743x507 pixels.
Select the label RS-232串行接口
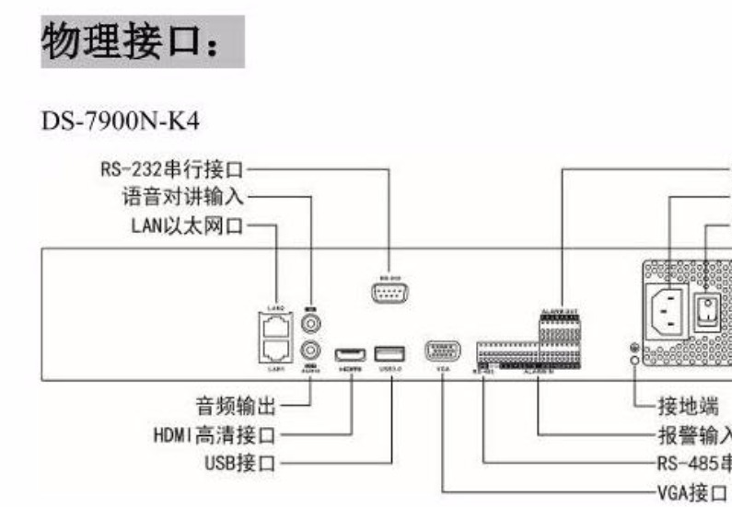(173, 169)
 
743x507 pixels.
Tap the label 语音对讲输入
(185, 196)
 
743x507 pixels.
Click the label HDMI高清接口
(215, 433)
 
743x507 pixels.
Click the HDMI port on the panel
(350, 354)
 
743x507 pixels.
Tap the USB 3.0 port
(389, 353)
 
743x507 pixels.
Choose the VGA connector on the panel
(443, 351)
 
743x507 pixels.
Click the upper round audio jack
(311, 325)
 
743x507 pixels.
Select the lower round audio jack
(311, 351)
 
